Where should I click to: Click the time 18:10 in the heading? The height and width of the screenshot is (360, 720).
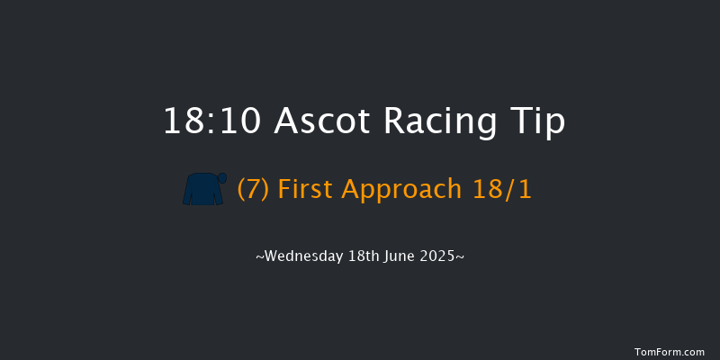(x=212, y=121)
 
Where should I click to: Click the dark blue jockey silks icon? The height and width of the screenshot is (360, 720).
(x=203, y=190)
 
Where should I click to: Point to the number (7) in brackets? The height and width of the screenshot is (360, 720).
(x=254, y=190)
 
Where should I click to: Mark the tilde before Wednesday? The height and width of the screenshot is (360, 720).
(x=259, y=257)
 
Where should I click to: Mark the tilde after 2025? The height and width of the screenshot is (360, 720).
(x=461, y=257)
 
